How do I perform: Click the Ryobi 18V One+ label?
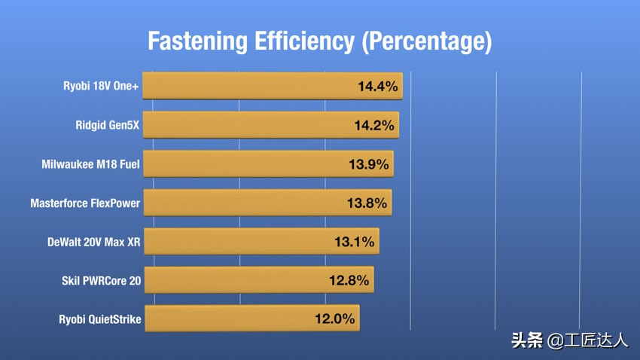coord(101,86)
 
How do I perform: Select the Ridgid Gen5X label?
coord(108,125)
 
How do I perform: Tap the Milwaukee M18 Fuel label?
coord(90,163)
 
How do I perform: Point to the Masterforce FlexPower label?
coord(85,203)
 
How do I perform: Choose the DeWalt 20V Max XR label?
coord(93,242)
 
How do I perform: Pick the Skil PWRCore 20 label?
coord(101,281)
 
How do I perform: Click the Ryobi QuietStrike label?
coord(99,319)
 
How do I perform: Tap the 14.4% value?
coord(377,87)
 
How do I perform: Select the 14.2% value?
coord(374,125)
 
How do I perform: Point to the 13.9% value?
coord(368,163)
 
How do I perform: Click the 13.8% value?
coord(367,203)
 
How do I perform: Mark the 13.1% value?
coord(354,242)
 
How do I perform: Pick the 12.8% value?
coord(349,281)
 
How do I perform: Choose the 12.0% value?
coord(334,319)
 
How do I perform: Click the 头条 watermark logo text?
coord(527,340)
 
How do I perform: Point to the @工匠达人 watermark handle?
coord(588,340)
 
